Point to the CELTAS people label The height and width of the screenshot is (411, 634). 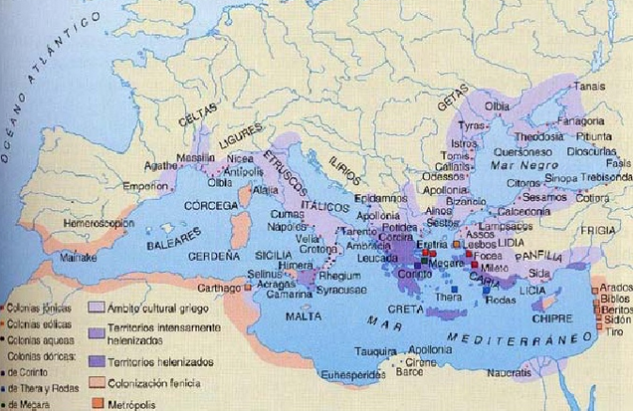click(x=196, y=116)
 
